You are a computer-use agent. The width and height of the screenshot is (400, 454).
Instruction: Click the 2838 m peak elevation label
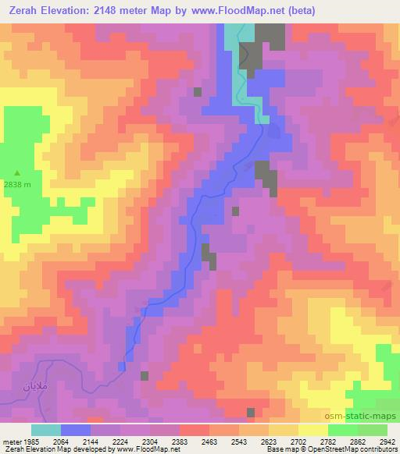pyautogui.click(x=17, y=185)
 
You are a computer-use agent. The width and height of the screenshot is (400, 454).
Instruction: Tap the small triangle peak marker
pyautogui.click(x=18, y=173)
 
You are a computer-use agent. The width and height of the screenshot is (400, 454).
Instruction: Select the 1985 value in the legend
pyautogui.click(x=30, y=440)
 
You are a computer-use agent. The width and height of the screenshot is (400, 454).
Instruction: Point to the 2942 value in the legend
pyautogui.click(x=387, y=440)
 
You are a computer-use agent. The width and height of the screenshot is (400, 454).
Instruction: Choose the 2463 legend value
pyautogui.click(x=209, y=440)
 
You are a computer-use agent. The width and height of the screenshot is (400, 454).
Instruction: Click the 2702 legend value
pyautogui.click(x=298, y=440)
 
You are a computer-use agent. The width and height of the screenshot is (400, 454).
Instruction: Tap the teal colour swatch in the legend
pyautogui.click(x=46, y=430)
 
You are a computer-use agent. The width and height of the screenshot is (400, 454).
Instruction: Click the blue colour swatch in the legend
pyautogui.click(x=76, y=430)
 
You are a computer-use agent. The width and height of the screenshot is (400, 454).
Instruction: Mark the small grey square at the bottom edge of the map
pyautogui.click(x=250, y=413)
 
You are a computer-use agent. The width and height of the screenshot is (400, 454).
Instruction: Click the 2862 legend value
pyautogui.click(x=358, y=440)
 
